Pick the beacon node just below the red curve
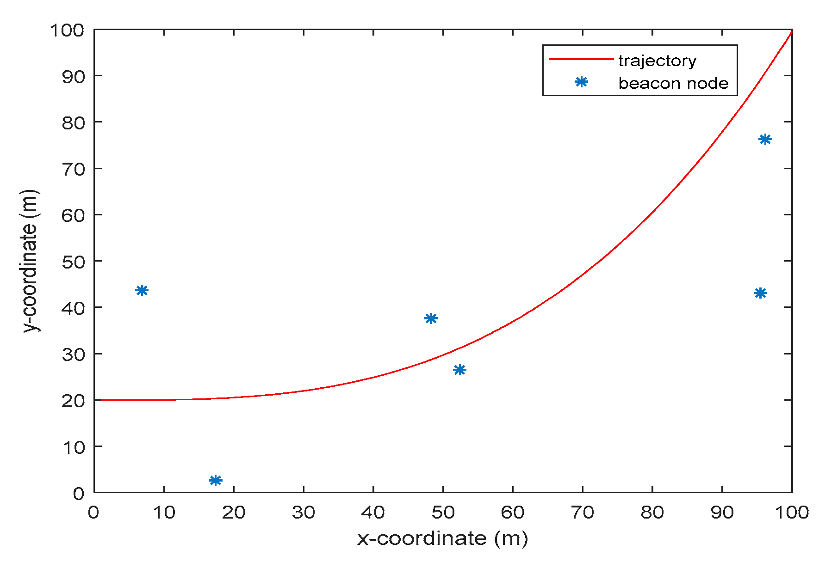click(459, 370)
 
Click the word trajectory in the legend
click(657, 61)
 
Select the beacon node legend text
click(673, 83)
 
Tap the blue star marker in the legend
click(581, 82)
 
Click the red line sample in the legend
click(581, 59)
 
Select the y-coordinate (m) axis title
click(31, 261)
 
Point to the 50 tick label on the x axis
click(443, 512)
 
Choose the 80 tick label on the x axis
click(652, 512)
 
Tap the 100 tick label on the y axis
click(67, 31)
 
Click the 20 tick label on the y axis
click(73, 401)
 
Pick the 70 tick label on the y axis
click(73, 169)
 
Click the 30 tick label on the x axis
click(303, 512)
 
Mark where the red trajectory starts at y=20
click(95, 400)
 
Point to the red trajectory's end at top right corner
click(791, 32)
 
